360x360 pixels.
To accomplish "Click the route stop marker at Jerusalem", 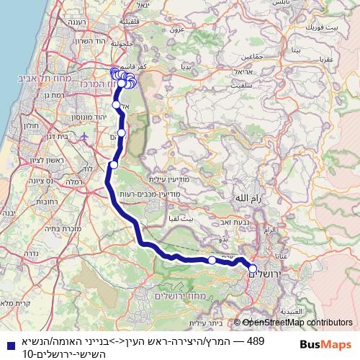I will [253, 269].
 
